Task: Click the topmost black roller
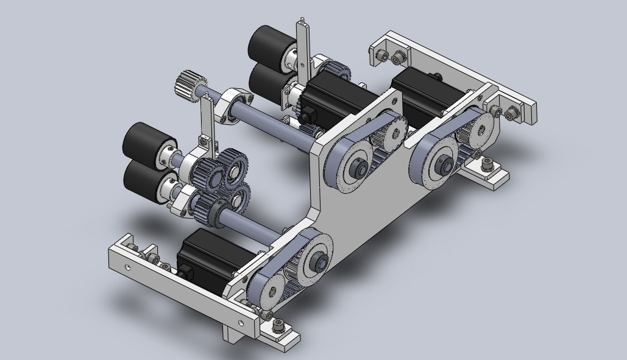point(267,43)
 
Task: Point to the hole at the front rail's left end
point(127,266)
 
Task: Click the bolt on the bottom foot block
point(278,324)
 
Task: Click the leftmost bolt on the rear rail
point(382,56)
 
